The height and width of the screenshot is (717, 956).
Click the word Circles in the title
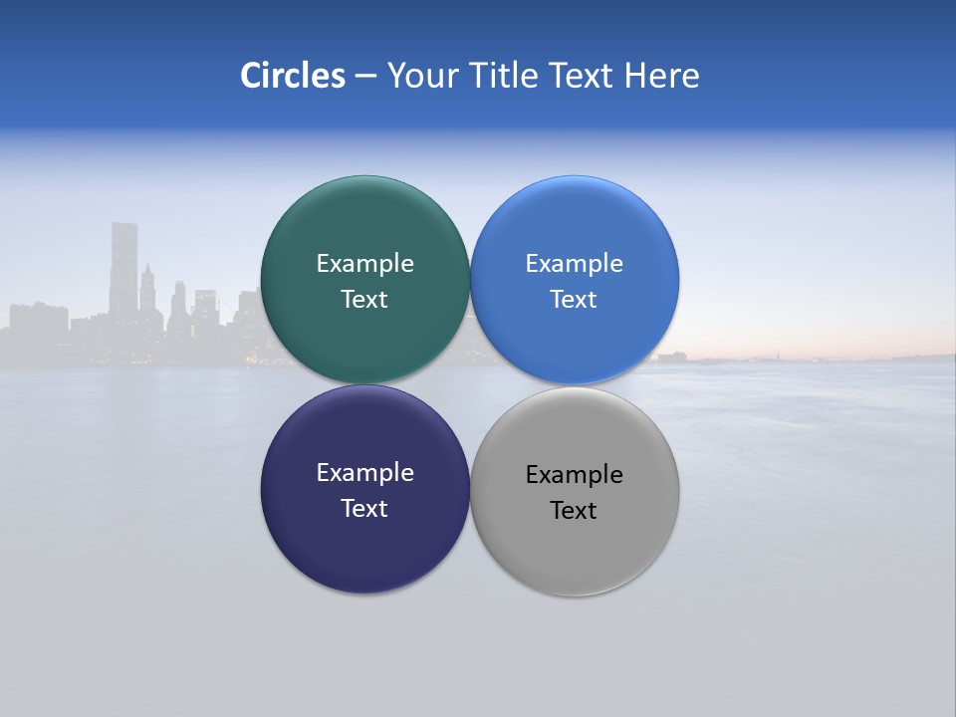(293, 76)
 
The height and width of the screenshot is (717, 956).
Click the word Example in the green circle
(364, 264)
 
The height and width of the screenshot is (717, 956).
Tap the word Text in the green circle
(364, 300)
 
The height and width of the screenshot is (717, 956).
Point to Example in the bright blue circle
(575, 264)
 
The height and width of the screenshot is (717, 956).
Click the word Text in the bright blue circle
(575, 300)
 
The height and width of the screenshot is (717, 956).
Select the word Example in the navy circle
(364, 473)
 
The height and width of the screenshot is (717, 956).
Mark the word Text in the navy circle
(364, 509)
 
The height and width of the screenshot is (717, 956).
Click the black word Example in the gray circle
(575, 475)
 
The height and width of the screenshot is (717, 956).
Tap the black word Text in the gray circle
(575, 511)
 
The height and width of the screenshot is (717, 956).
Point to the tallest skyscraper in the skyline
(123, 269)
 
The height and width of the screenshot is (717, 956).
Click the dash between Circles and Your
(365, 77)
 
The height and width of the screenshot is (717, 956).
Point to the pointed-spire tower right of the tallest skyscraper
(147, 289)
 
